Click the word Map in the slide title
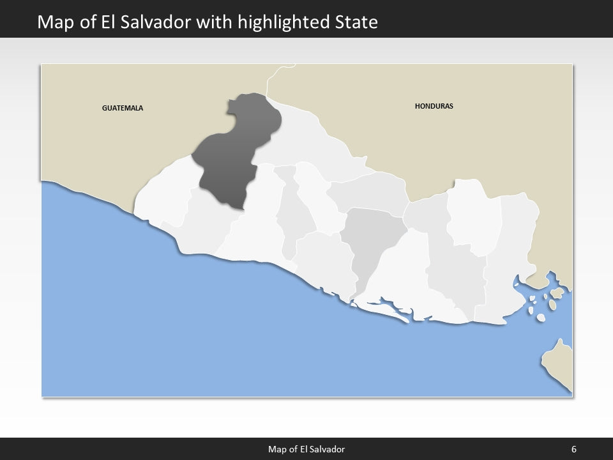[x=53, y=23]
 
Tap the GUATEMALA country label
[x=123, y=108]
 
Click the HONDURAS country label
[x=434, y=106]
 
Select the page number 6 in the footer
[x=574, y=449]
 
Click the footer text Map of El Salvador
[x=306, y=449]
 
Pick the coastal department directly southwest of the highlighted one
[x=204, y=224]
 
